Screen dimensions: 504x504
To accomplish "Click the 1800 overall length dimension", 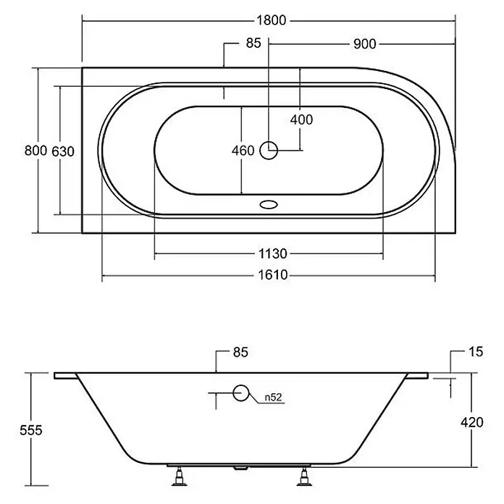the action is [272, 20].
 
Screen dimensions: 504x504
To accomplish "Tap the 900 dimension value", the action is [364, 43].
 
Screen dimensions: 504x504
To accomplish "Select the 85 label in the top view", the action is [253, 43].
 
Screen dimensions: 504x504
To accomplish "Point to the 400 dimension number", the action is [301, 119].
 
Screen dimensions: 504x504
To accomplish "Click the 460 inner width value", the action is [243, 151].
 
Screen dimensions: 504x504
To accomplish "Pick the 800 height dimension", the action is [36, 150].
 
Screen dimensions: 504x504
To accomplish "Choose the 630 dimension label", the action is [63, 151].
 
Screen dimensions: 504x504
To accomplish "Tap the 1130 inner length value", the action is [272, 253].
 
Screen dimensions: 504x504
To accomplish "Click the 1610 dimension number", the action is [273, 275].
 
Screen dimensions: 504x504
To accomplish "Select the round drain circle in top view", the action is [269, 150].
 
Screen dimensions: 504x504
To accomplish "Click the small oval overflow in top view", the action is [269, 204].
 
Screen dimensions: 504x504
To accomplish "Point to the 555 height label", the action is [31, 429].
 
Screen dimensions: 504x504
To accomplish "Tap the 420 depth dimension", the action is [472, 422].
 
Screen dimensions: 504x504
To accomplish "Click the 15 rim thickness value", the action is [476, 352].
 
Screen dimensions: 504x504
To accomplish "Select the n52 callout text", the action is [273, 398].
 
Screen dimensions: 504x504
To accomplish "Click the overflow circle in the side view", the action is [240, 392].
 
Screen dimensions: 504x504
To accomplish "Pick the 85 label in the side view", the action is [240, 352].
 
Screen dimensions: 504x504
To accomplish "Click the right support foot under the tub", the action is [303, 476].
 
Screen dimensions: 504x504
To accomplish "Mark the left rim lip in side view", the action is [66, 376].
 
